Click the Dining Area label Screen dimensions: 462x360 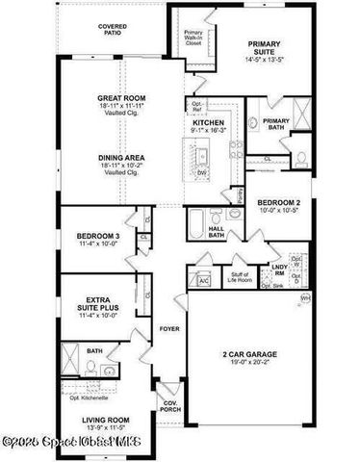[120, 161]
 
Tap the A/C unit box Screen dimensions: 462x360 [203, 280]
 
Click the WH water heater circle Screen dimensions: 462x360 [305, 300]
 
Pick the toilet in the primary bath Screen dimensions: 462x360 [300, 157]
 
